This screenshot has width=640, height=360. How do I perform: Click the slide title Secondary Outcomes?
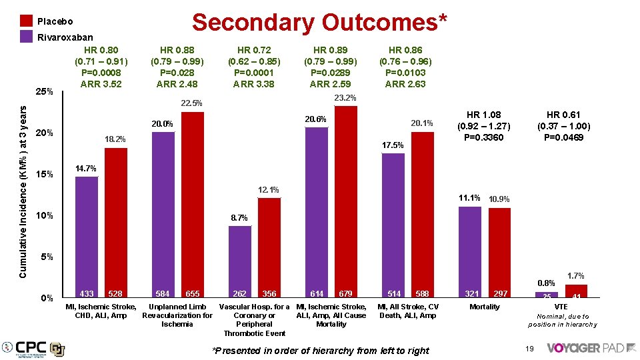tap(319, 23)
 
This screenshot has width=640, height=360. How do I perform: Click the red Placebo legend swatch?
tap(26, 21)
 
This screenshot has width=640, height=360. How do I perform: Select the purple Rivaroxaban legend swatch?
tap(26, 37)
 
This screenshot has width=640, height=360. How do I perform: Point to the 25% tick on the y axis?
tap(44, 91)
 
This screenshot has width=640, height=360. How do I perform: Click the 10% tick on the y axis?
tap(44, 216)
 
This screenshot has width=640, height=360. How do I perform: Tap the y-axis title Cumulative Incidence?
tap(23, 190)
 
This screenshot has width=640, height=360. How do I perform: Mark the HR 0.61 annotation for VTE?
tap(563, 126)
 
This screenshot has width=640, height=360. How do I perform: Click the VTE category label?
tap(562, 307)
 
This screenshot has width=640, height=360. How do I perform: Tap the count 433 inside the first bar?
tap(86, 293)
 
